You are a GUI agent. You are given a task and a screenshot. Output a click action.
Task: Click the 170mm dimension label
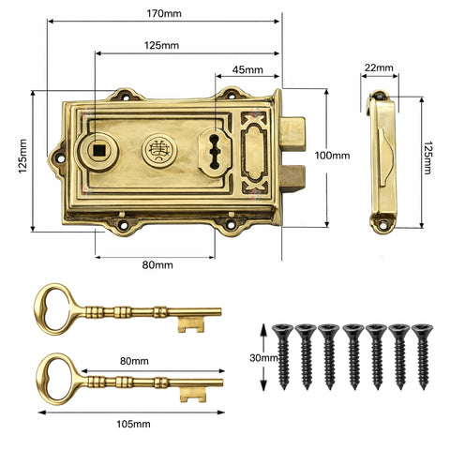point(164,13)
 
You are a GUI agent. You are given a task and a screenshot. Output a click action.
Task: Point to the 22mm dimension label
point(380,67)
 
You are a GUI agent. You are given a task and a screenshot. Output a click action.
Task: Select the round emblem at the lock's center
point(157,149)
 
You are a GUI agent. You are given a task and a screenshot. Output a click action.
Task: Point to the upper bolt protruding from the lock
point(292,132)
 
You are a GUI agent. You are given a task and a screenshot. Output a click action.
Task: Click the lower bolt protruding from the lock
point(292,176)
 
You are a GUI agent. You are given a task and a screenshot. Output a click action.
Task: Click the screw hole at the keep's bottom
point(380,223)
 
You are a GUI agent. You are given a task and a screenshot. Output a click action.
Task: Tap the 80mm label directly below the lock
point(157,265)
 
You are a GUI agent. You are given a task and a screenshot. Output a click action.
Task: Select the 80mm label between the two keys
point(134,360)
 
